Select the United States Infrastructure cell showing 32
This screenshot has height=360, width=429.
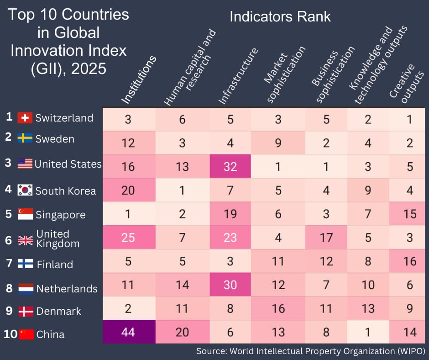point(230,166)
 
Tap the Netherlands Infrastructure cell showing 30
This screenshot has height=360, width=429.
point(230,285)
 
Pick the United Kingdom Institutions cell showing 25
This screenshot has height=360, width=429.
point(128,237)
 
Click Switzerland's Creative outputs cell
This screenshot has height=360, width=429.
point(409,119)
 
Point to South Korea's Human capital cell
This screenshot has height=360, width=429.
point(182,190)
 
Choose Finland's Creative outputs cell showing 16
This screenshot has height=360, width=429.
point(409,261)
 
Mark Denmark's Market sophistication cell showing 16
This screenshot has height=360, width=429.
point(278,308)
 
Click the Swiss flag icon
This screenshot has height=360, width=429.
point(25,118)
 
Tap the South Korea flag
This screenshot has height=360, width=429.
point(25,191)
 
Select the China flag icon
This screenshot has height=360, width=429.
point(26,334)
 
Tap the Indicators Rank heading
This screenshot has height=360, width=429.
point(280,17)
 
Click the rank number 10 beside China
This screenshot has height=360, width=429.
point(10,334)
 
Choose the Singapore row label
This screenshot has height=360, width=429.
point(60,215)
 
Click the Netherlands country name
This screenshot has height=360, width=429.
point(67,289)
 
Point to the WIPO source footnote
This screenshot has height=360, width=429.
point(311,351)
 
